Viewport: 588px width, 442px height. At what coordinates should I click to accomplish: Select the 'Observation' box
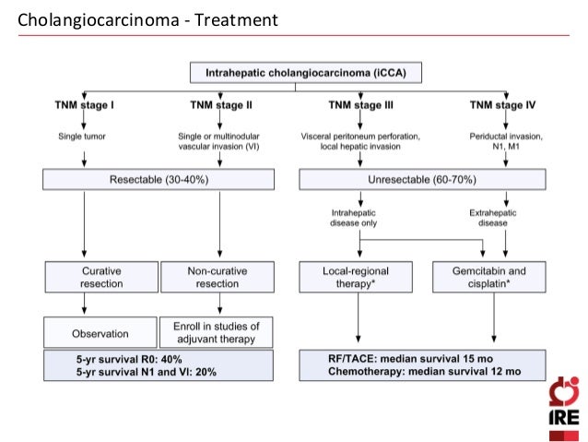click(100, 333)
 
